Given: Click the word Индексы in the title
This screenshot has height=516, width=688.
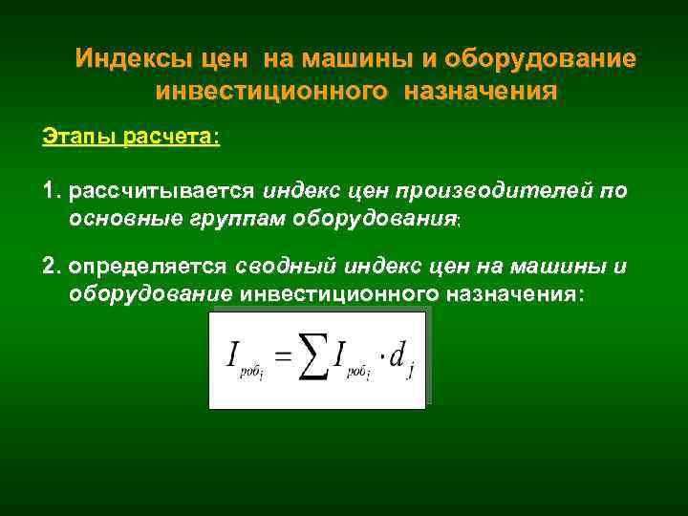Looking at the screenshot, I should point(135,59).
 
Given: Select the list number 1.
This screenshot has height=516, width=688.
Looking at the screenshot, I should point(50,191).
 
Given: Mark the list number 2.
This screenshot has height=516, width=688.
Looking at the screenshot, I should point(50,265).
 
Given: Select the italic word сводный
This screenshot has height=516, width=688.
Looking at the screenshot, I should point(281,265).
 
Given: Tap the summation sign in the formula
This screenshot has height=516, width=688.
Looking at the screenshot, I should point(312,358).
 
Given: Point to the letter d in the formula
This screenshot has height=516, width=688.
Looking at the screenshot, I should point(399,355).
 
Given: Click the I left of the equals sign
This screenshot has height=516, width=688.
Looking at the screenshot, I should point(233,355).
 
